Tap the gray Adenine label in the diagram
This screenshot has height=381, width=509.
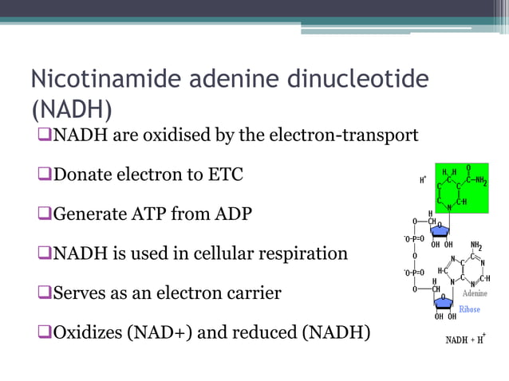[x=474, y=293]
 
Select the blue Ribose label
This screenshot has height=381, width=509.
[x=469, y=308]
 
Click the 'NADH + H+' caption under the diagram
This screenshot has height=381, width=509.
[x=465, y=340]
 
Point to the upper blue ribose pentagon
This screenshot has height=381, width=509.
[x=441, y=231]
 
